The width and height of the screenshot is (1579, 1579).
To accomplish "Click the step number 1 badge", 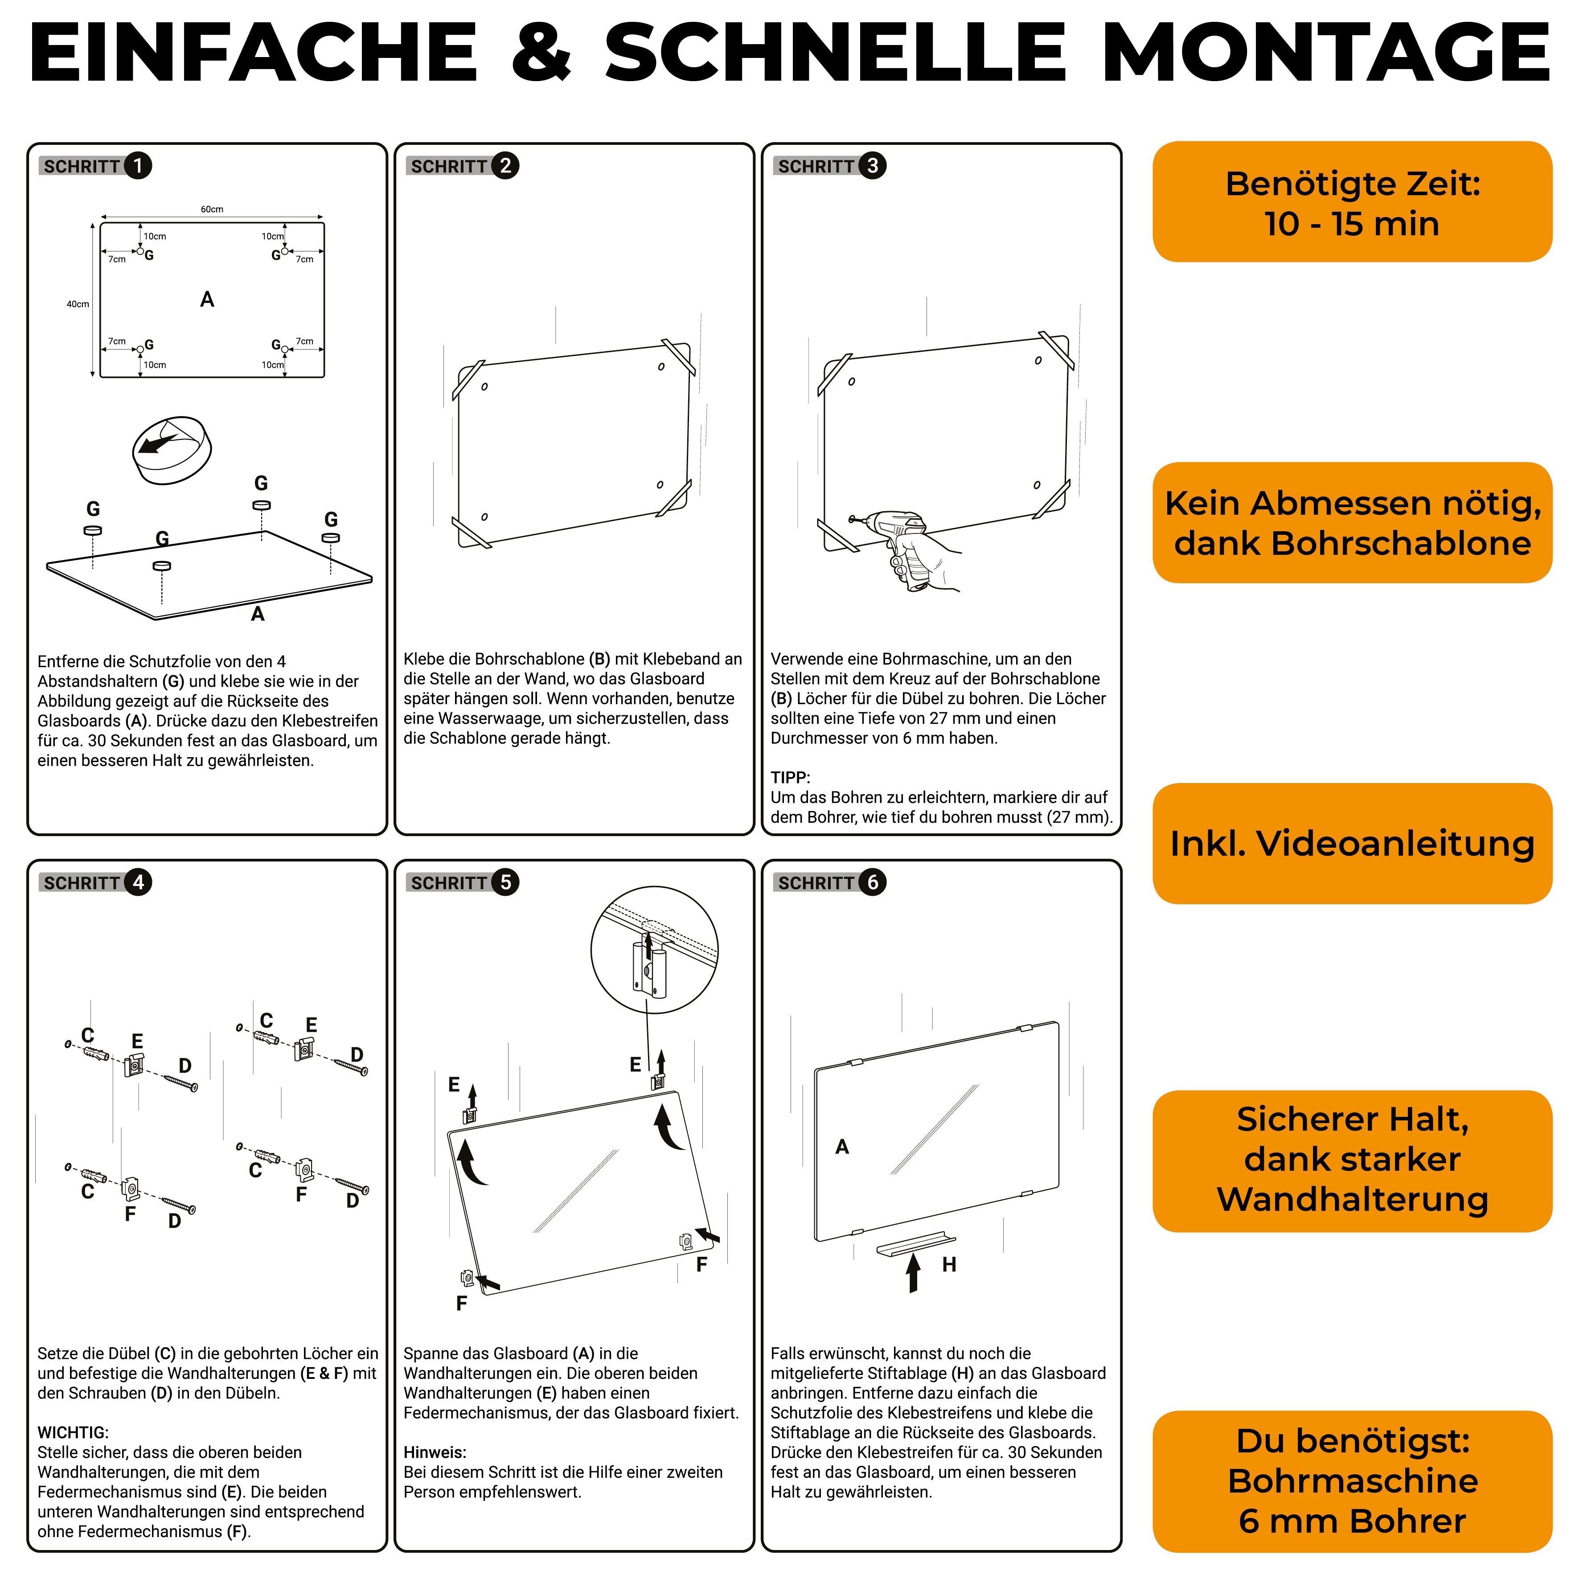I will pyautogui.click(x=137, y=166).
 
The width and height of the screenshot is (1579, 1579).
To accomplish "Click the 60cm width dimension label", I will pyautogui.click(x=212, y=209).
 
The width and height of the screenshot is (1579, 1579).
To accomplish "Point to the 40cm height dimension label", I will pyautogui.click(x=78, y=304).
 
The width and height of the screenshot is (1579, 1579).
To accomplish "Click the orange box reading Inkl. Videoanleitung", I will pyautogui.click(x=1352, y=844).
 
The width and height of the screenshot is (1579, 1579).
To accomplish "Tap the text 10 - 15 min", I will pyautogui.click(x=1352, y=224).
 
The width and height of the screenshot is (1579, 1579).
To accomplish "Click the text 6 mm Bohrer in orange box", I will pyautogui.click(x=1352, y=1521).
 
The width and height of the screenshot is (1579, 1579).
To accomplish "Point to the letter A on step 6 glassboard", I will pyautogui.click(x=842, y=1147).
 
